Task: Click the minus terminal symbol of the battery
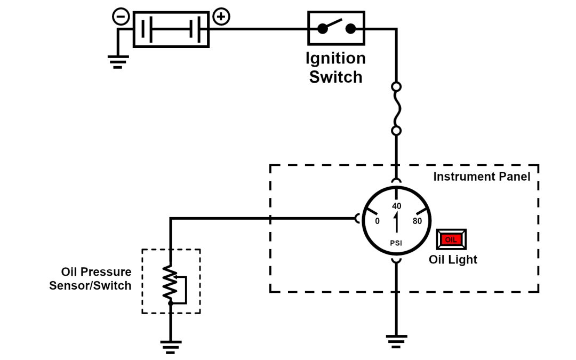(x=121, y=17)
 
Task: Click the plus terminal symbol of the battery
(x=221, y=17)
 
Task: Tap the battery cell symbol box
(x=171, y=29)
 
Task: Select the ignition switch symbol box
(x=337, y=28)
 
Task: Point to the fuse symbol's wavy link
(x=396, y=108)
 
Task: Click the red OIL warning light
(x=451, y=239)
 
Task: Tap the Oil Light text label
(x=453, y=260)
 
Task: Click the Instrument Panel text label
(x=482, y=177)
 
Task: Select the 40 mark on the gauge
(x=396, y=206)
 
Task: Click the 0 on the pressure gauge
(x=377, y=221)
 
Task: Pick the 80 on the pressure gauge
(x=417, y=221)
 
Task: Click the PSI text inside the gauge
(x=396, y=244)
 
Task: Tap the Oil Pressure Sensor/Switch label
(x=90, y=279)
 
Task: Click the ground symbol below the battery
(x=118, y=62)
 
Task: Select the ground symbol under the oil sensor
(x=171, y=347)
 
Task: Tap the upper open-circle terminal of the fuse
(x=396, y=86)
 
